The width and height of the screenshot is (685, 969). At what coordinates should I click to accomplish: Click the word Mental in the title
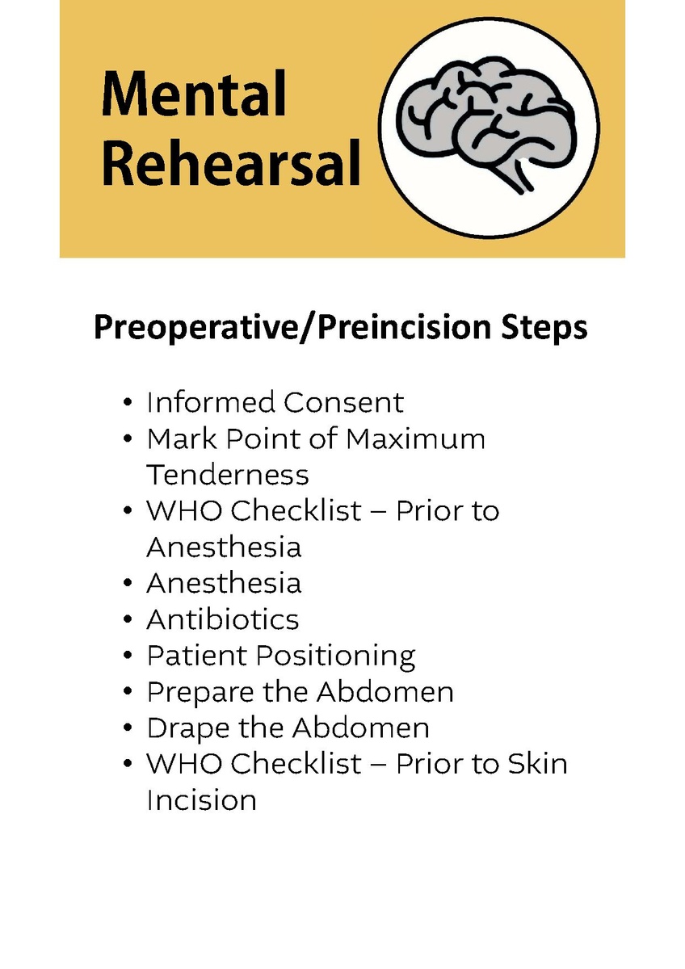193,94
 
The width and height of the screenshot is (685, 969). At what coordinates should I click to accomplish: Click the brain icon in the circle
486,124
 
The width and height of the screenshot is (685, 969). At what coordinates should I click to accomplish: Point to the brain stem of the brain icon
516,175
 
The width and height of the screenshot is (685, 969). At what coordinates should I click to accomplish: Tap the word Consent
343,402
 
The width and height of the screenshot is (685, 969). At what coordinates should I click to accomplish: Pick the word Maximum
415,438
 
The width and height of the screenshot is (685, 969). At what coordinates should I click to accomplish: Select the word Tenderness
228,475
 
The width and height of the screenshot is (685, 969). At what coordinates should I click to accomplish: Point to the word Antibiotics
222,619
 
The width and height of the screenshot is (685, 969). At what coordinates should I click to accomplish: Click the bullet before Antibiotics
127,619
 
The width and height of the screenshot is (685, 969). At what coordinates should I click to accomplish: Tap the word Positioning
335,657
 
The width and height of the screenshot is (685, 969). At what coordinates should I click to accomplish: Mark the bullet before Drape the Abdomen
127,728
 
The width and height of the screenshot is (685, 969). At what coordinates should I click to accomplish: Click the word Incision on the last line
202,800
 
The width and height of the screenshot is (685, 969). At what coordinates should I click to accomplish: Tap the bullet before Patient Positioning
127,656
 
